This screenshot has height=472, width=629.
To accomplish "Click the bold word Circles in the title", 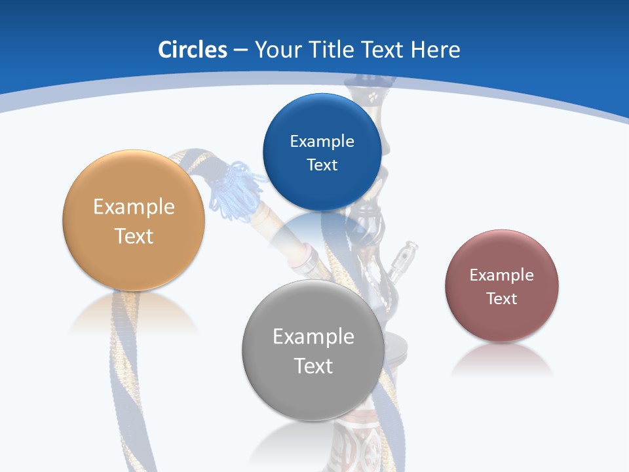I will [x=192, y=50].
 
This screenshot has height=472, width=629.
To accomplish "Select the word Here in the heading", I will [x=435, y=50].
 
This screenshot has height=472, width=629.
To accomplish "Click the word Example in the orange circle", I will [x=134, y=206].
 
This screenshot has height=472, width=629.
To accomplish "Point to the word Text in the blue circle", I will [x=322, y=165].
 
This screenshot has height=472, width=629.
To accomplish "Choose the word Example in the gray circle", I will [x=313, y=336].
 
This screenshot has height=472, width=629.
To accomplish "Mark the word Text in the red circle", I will [x=501, y=299].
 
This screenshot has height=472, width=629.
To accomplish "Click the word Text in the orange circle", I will [x=134, y=236].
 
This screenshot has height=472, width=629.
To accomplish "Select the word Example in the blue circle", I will [x=322, y=141].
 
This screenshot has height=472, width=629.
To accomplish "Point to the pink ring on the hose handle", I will [x=300, y=255].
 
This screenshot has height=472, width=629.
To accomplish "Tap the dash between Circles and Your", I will [x=240, y=50].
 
